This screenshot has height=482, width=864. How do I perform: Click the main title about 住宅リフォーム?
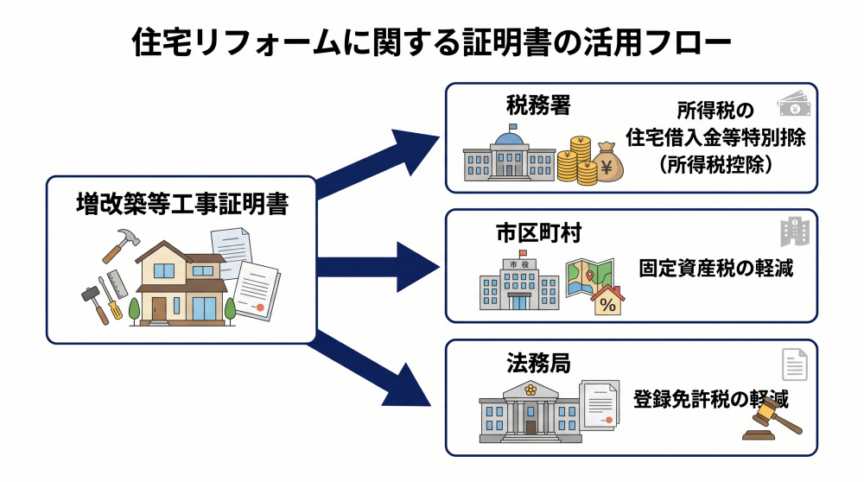click(432, 41)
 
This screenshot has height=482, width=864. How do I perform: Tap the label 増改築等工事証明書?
click(181, 204)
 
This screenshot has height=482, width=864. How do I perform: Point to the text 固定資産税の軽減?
click(715, 268)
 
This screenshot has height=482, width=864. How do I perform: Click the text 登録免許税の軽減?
click(710, 398)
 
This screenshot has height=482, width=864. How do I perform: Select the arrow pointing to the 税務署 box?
click(380, 160)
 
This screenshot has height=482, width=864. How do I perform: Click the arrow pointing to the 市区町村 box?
click(380, 265)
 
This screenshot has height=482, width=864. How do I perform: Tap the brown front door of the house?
click(159, 308)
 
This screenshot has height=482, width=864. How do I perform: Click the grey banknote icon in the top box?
click(794, 105)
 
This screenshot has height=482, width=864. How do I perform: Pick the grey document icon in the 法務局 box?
click(794, 365)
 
